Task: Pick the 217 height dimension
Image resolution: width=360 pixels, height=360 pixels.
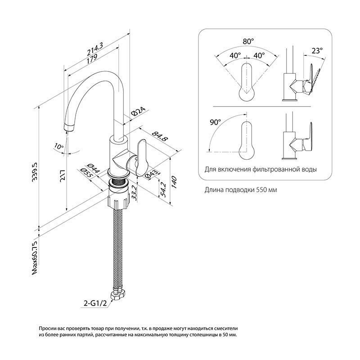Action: tap(63, 177)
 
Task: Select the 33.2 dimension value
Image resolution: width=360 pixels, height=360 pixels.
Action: tap(134, 193)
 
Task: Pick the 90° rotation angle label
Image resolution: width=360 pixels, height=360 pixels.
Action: tap(216, 122)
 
